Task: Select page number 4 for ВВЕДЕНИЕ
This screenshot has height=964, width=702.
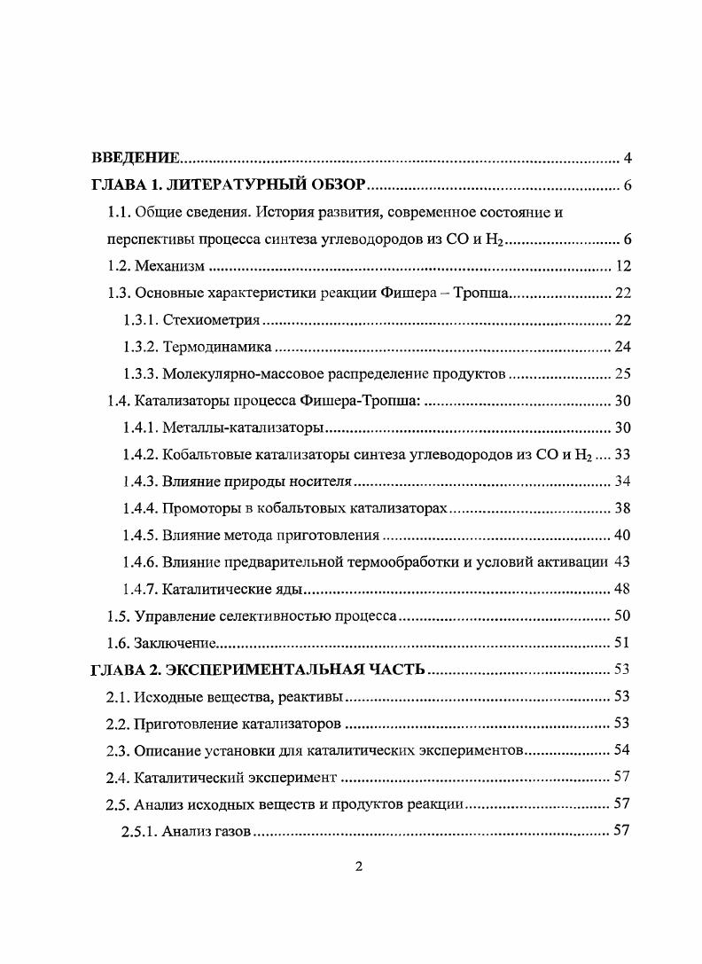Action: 627,159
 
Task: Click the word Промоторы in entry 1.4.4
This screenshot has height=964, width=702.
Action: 198,508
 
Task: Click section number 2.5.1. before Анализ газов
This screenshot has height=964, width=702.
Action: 140,831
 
